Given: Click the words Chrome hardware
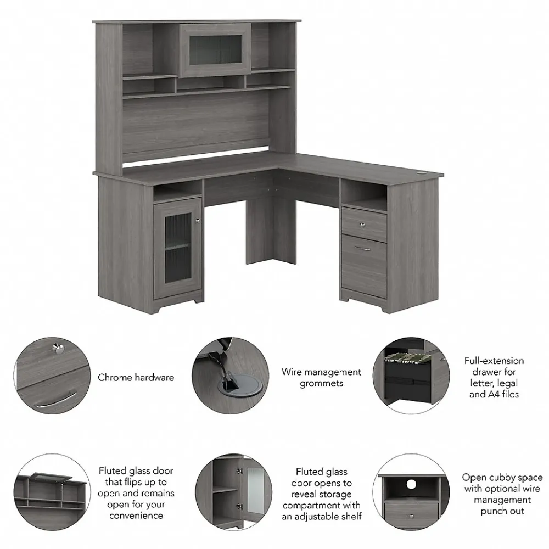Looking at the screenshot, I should point(136,377).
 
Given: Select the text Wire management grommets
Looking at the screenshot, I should point(321,378).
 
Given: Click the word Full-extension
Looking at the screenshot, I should point(494,361).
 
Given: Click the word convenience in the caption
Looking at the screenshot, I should point(136,516).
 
